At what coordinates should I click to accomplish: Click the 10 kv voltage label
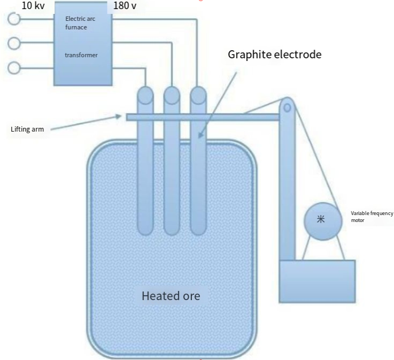33,5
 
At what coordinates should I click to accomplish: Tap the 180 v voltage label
125,5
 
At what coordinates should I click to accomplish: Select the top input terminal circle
14,19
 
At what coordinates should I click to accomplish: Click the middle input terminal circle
14,43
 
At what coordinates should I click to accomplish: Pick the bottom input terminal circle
14,67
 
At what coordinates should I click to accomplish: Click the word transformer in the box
81,55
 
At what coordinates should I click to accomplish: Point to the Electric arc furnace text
80,23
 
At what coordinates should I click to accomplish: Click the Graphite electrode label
275,55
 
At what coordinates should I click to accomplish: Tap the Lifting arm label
27,129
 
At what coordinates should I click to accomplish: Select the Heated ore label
171,296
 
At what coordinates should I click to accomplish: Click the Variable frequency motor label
372,217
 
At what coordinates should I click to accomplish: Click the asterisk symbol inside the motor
321,219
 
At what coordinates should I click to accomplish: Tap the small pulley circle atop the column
287,108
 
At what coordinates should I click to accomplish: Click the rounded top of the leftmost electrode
145,95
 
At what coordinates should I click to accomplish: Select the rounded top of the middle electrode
172,95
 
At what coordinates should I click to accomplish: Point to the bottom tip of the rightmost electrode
198,235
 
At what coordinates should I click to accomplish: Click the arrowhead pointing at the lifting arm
118,117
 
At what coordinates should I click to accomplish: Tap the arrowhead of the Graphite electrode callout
200,135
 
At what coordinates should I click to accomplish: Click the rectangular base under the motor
317,281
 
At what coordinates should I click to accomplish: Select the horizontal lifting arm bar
203,117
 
